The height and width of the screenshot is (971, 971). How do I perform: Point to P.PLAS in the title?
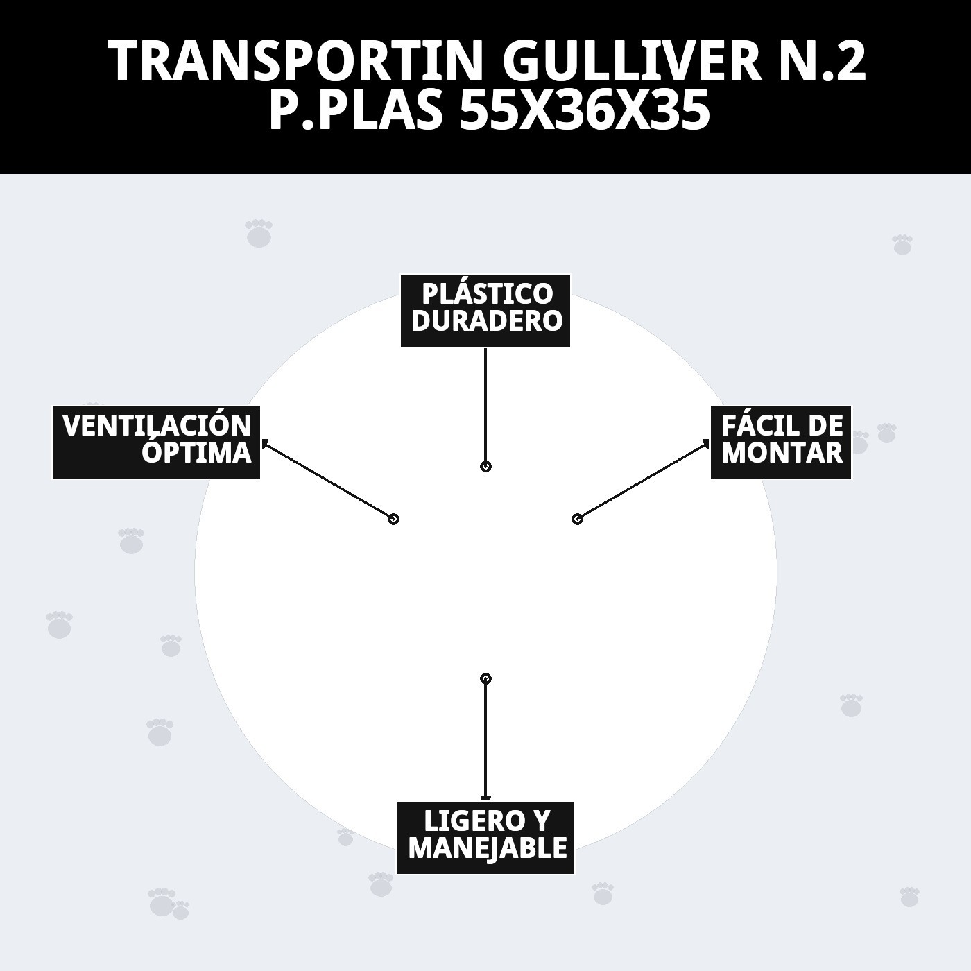[355, 111]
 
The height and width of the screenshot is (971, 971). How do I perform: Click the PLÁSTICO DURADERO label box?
[486, 310]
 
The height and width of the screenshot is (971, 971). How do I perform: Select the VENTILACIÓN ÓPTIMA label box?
[156, 442]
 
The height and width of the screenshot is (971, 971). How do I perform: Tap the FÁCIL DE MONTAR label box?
[781, 442]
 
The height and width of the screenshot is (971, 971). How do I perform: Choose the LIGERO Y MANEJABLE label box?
[486, 837]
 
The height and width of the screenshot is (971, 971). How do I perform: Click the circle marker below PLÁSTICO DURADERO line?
[486, 466]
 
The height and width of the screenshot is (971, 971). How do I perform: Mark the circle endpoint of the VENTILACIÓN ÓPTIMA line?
[393, 519]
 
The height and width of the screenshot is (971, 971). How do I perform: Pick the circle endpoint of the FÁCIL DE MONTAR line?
[577, 519]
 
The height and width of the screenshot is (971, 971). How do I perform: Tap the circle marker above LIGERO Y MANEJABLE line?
[486, 678]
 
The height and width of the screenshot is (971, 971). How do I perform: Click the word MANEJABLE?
[488, 848]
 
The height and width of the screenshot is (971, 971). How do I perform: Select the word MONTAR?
[782, 453]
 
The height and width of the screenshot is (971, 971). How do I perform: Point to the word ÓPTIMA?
[196, 453]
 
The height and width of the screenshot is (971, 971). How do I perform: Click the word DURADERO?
[486, 321]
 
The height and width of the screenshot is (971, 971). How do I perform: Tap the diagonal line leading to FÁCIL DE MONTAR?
[642, 481]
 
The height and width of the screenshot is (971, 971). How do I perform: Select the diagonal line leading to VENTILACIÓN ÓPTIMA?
[327, 480]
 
